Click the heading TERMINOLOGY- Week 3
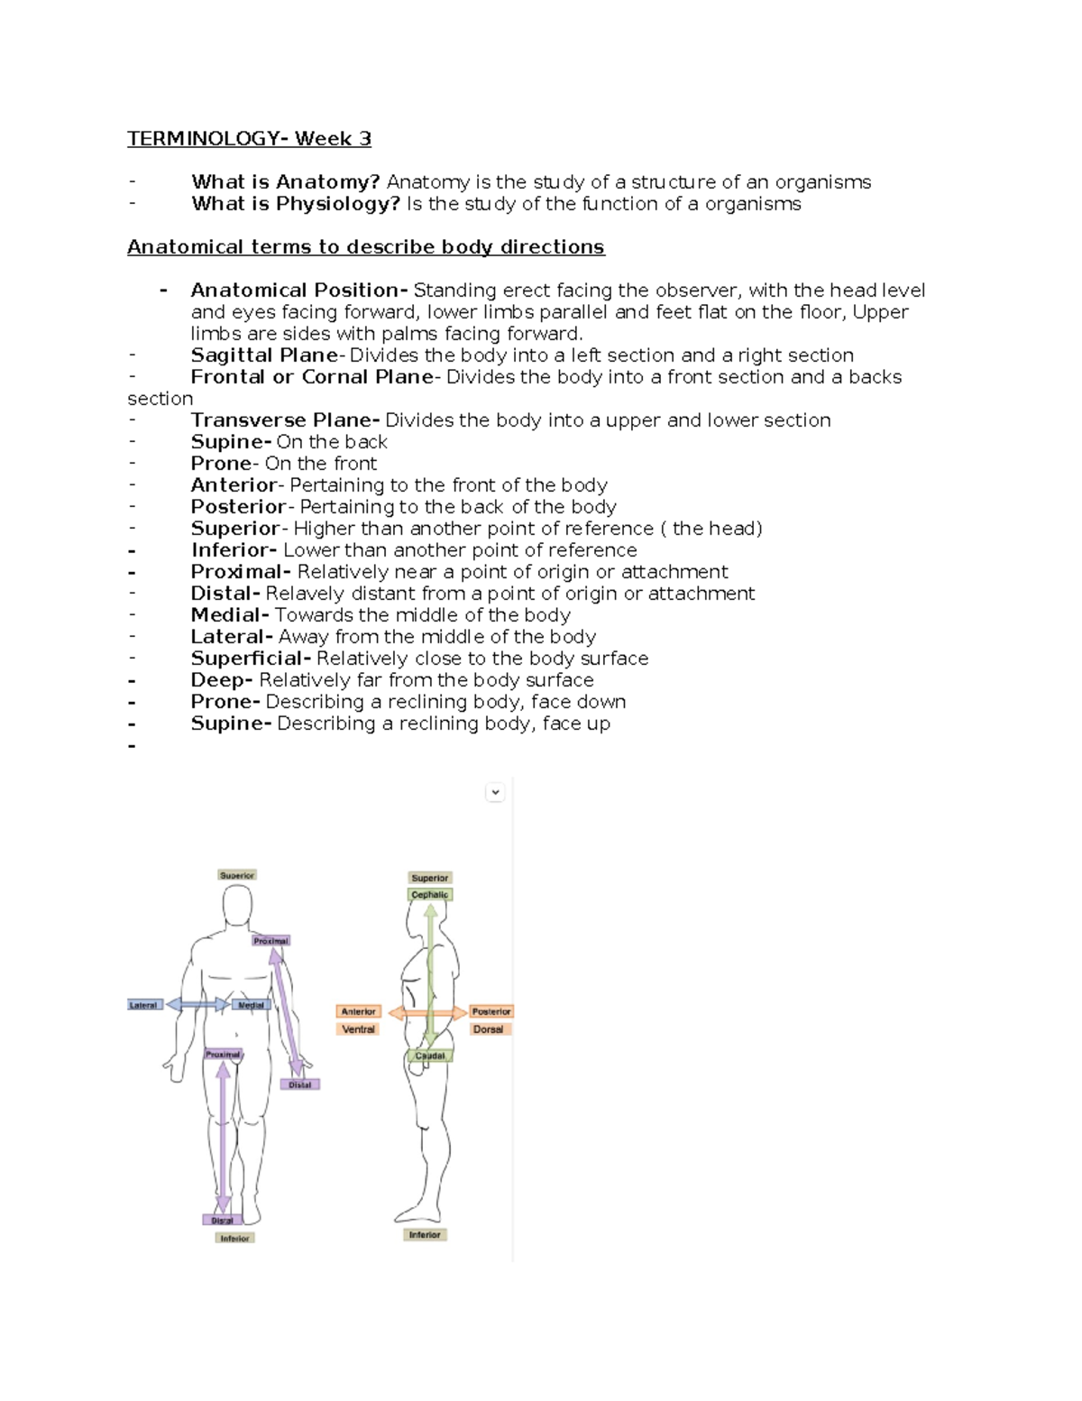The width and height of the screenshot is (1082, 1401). click(249, 139)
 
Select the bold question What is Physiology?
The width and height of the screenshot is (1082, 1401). click(295, 204)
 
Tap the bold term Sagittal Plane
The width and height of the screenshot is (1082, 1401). click(264, 355)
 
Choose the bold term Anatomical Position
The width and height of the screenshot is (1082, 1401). click(295, 290)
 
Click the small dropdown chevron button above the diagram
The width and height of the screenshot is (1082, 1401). click(495, 792)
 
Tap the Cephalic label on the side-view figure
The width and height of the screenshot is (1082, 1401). click(429, 895)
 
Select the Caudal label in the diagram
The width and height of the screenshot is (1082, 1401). click(430, 1055)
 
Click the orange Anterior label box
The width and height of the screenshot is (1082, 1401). click(359, 1011)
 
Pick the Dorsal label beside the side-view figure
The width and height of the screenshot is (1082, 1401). click(489, 1029)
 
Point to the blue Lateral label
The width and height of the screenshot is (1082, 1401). click(143, 1005)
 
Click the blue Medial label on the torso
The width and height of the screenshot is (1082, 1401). click(251, 1005)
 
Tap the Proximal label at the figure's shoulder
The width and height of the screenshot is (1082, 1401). click(270, 941)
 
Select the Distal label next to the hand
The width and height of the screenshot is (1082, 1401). click(299, 1084)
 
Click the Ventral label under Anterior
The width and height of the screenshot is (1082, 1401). click(359, 1029)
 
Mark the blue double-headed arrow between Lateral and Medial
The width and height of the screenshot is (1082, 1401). click(197, 1004)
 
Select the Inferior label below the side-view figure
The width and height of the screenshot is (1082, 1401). click(425, 1235)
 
